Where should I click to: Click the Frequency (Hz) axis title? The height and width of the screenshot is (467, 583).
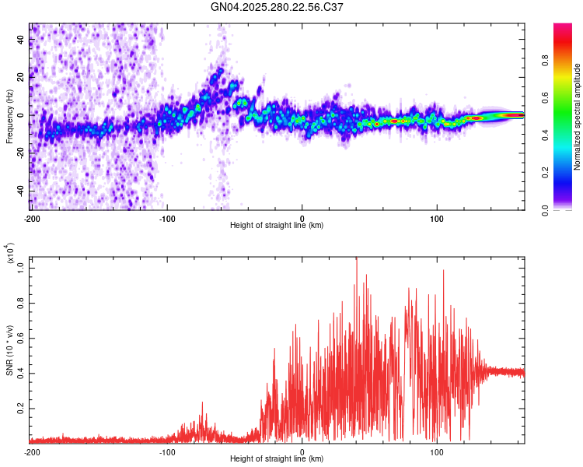9,117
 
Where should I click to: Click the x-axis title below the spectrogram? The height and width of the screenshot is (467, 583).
277,226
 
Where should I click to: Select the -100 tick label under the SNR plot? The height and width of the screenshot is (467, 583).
167,451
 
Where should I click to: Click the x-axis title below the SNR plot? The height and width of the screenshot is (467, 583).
277,459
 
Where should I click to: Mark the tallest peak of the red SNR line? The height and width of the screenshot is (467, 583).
356,260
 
